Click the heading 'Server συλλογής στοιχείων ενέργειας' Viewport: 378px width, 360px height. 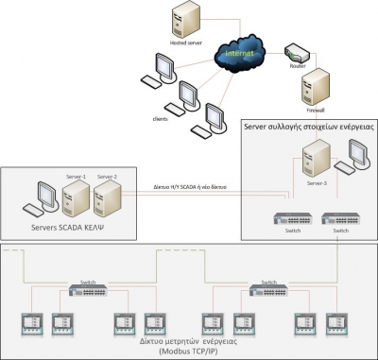point(308,127)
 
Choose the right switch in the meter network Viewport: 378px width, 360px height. point(267,290)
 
